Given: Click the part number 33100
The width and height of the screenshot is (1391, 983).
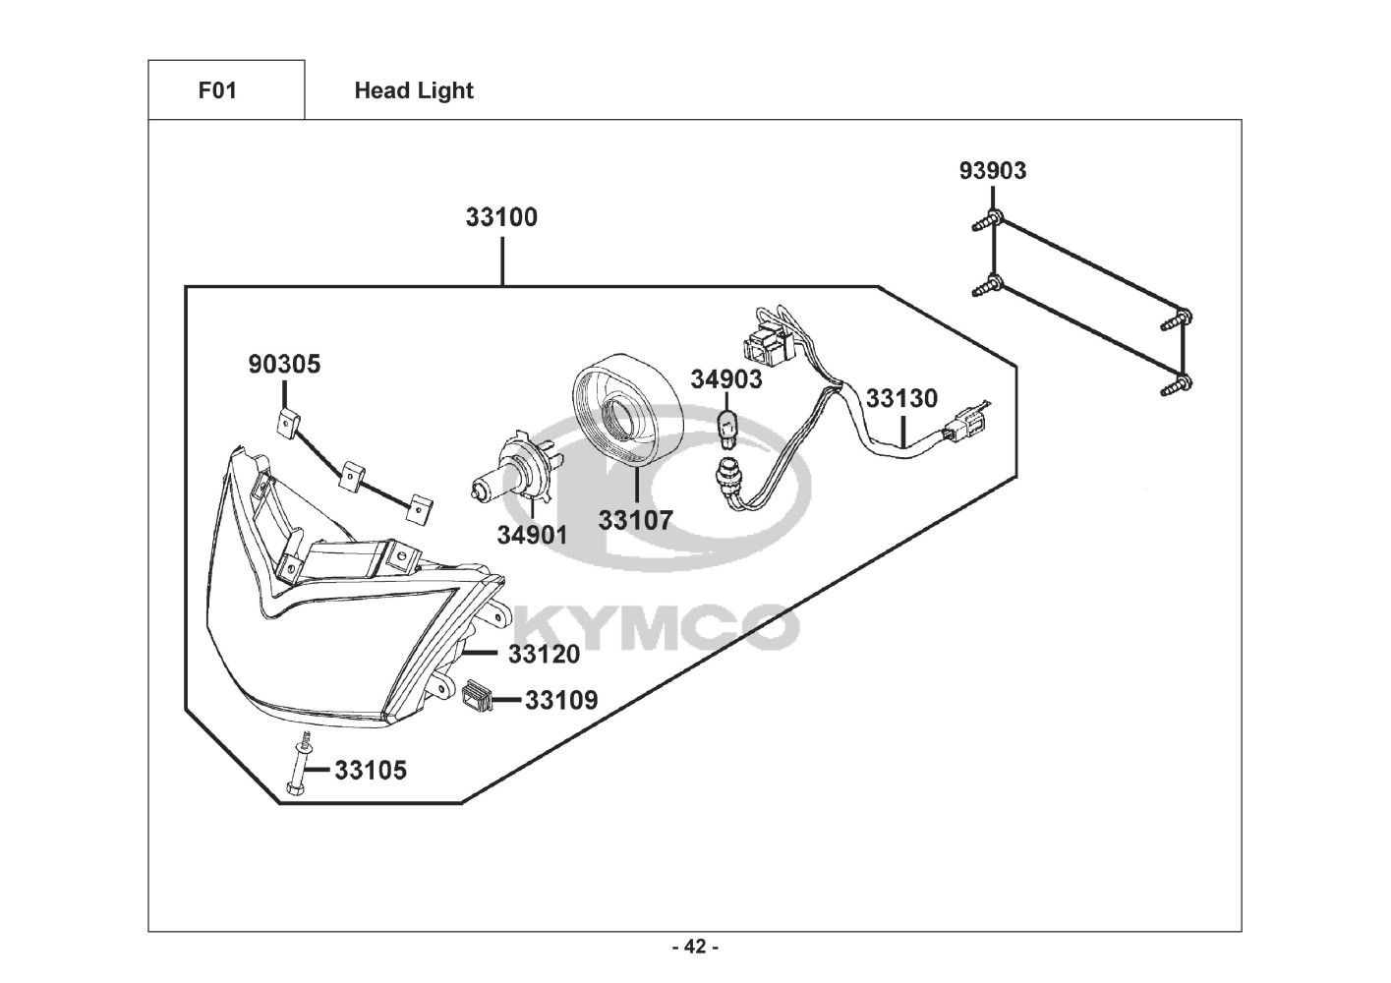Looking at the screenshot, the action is pos(501,217).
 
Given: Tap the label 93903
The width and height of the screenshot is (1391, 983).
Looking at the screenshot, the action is pos(993,170).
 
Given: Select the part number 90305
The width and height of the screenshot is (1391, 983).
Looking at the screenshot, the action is pos(284,364).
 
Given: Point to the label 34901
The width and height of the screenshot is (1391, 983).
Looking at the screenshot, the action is pos(532,535).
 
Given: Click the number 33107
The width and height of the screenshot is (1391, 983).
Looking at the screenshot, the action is pos(635,520).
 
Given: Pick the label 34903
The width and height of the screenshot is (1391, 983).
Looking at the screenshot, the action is pos(726,378).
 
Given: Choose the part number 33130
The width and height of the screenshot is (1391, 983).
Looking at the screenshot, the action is pos(901,398).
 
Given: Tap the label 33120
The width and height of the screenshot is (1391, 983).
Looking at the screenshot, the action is pos(544,654).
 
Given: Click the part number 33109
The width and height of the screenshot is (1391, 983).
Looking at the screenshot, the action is pos(561,700).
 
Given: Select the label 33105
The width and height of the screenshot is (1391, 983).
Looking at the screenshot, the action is pos(371,770).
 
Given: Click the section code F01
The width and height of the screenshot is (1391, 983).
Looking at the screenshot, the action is pos(217,90).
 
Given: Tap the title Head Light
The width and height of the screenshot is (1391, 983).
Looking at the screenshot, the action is pos(414,90).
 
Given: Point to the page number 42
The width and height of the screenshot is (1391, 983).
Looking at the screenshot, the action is pos(696,947).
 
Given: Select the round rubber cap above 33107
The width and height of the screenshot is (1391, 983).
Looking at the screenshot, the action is pos(626,410).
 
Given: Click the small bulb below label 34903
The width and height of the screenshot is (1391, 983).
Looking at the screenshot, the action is pos(727,431).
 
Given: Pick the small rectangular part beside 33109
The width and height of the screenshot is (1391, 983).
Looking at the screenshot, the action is pos(478,692).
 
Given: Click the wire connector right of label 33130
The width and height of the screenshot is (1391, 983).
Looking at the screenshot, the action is pos(964,419).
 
